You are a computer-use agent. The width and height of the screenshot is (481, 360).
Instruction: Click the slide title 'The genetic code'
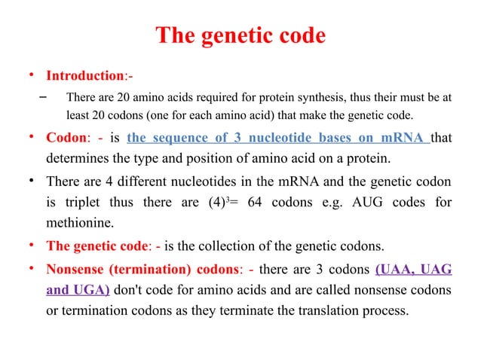pos(240,35)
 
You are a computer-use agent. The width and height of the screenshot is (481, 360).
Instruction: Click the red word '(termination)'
pos(139,267)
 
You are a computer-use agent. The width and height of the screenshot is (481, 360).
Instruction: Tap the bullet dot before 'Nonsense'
pos(31,267)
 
